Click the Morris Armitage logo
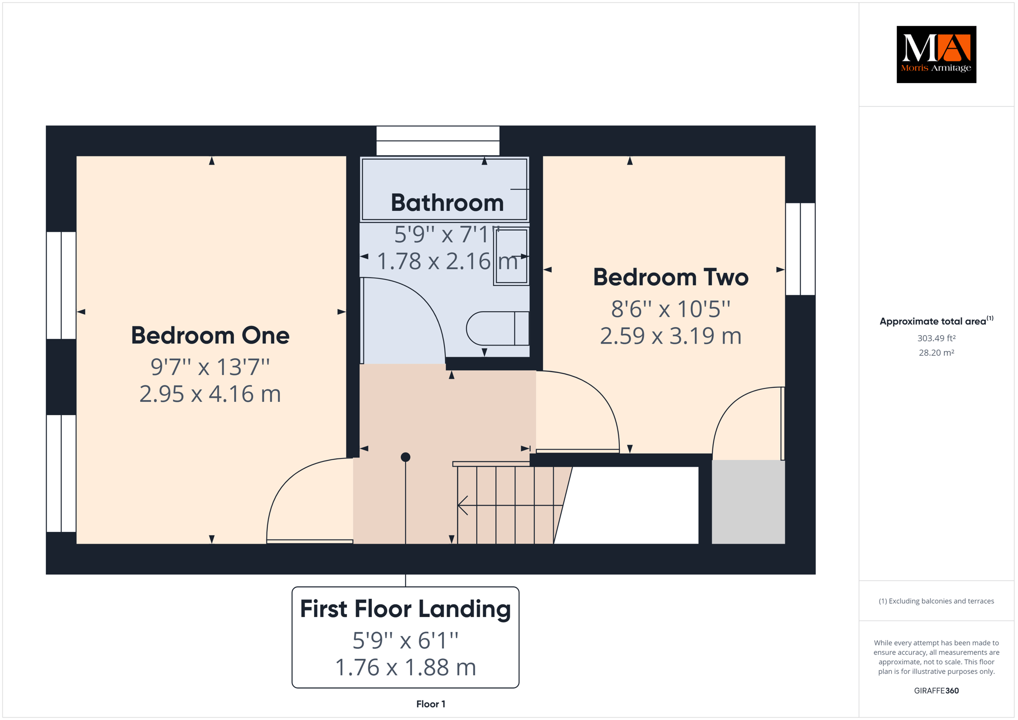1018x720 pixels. pyautogui.click(x=936, y=54)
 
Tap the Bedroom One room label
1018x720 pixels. pyautogui.click(x=210, y=335)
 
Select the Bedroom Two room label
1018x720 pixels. pyautogui.click(x=671, y=277)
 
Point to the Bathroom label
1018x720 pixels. pyautogui.click(x=447, y=202)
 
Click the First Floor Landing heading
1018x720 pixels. pyautogui.click(x=406, y=609)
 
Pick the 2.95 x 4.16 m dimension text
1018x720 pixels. pyautogui.click(x=210, y=394)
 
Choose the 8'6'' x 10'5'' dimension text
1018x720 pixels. pyautogui.click(x=671, y=309)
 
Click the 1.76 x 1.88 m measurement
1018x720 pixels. pyautogui.click(x=406, y=667)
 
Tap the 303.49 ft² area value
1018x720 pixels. pyautogui.click(x=936, y=338)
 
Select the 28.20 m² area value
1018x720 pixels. pyautogui.click(x=936, y=353)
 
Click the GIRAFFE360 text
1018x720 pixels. pyautogui.click(x=936, y=691)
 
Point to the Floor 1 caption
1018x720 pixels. pyautogui.click(x=431, y=704)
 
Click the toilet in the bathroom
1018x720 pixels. pyautogui.click(x=498, y=328)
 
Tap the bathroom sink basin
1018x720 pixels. pyautogui.click(x=511, y=257)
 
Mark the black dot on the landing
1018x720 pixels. pyautogui.click(x=406, y=457)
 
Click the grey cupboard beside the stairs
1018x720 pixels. pyautogui.click(x=748, y=502)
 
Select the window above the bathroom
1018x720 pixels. pyautogui.click(x=438, y=141)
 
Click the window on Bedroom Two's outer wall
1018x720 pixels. pyautogui.click(x=800, y=249)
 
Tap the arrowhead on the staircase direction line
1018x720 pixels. pyautogui.click(x=462, y=505)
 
